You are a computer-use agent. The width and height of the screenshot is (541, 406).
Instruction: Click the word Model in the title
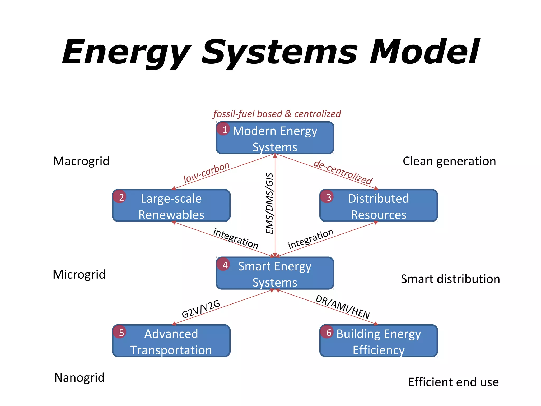pyautogui.click(x=424, y=52)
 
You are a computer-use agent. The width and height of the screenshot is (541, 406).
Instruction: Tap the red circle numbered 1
pyautogui.click(x=223, y=129)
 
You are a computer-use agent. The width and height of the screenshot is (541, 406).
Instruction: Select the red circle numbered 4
pyautogui.click(x=223, y=265)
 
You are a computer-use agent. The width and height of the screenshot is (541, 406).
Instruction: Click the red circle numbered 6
pyautogui.click(x=327, y=332)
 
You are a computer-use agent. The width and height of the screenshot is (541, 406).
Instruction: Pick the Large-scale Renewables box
pyautogui.click(x=171, y=206)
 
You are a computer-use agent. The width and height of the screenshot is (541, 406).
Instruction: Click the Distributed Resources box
pyautogui.click(x=379, y=206)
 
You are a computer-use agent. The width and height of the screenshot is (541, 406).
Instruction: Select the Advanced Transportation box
pyautogui.click(x=171, y=341)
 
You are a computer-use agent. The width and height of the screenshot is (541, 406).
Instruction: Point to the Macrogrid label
pyautogui.click(x=81, y=161)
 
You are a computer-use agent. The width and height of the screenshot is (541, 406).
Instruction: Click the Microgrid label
pyautogui.click(x=79, y=275)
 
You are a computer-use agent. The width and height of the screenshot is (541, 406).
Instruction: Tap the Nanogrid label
pyautogui.click(x=79, y=378)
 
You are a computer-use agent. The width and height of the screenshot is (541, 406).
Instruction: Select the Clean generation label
pyautogui.click(x=449, y=161)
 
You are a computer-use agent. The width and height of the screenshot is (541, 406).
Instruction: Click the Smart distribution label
pyautogui.click(x=450, y=279)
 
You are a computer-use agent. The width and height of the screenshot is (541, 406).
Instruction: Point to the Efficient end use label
pyautogui.click(x=453, y=382)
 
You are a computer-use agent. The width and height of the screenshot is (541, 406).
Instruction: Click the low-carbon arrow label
pyautogui.click(x=207, y=172)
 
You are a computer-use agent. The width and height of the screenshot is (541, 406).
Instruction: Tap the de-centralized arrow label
pyautogui.click(x=343, y=172)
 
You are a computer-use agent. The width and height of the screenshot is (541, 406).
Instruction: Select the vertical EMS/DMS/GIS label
pyautogui.click(x=269, y=203)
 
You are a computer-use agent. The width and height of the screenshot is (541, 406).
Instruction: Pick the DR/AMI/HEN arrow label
pyautogui.click(x=343, y=307)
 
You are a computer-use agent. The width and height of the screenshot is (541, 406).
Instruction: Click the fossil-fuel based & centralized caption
pyautogui.click(x=277, y=114)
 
